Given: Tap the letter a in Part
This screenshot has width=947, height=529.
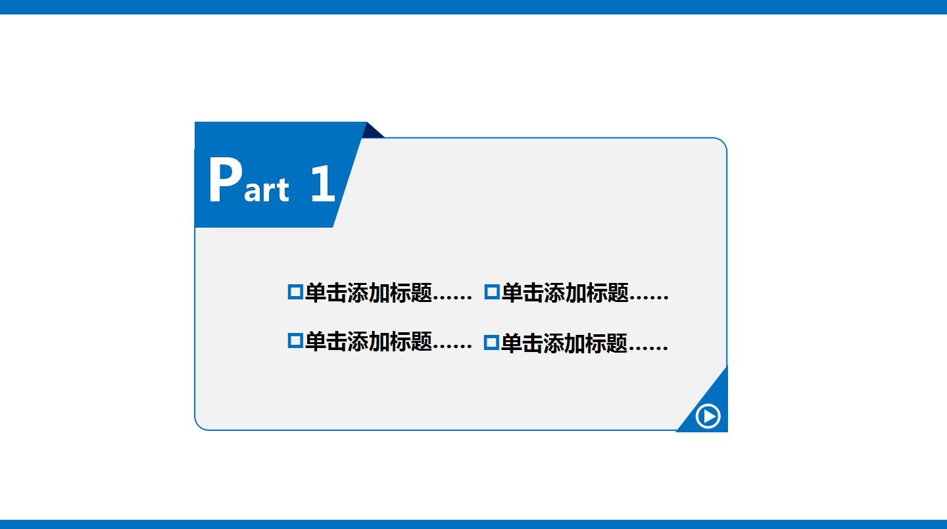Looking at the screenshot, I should [253, 191].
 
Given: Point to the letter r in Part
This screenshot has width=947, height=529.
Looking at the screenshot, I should [270, 191].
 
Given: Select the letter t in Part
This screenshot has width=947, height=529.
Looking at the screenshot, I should [282, 189].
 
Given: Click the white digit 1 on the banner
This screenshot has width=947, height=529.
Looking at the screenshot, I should [322, 184].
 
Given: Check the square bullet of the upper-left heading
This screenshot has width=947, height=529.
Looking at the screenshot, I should [295, 291].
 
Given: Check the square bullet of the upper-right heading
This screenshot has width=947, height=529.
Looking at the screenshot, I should [491, 291].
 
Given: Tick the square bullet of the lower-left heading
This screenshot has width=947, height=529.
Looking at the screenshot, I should [295, 341].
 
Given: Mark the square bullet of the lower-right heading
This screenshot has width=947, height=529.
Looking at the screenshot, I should [491, 342].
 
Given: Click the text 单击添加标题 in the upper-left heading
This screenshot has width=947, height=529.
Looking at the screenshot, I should [368, 293].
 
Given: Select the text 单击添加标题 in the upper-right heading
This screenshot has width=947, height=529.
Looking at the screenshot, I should [564, 293].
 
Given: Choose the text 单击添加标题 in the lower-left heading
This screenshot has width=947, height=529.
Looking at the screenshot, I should [368, 342].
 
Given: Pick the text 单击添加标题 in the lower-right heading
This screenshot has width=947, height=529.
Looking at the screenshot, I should [564, 343].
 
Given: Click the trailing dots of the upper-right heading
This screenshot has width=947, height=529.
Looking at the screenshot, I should [649, 298].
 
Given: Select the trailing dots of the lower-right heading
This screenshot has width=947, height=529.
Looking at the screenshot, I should [648, 349].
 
